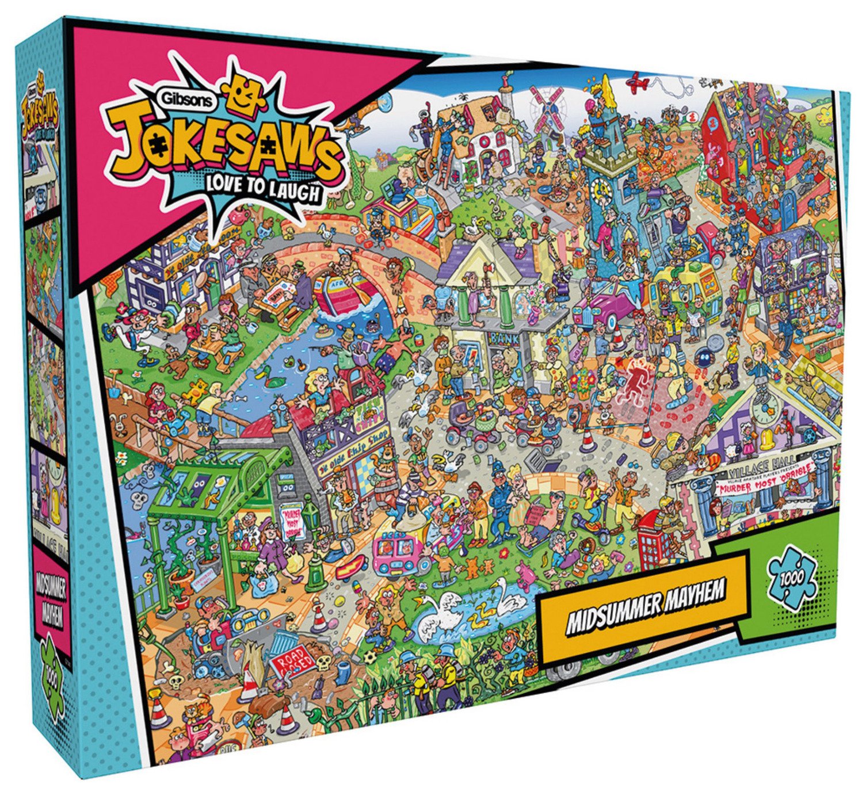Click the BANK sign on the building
503,338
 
